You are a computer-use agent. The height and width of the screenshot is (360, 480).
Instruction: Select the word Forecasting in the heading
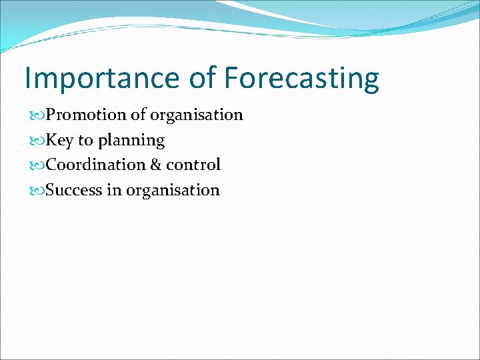(x=301, y=79)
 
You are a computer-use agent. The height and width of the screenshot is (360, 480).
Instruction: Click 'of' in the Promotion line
(x=138, y=115)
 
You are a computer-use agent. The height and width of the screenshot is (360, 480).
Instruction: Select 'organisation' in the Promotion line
(x=196, y=115)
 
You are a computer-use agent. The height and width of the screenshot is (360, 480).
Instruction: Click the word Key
(x=60, y=141)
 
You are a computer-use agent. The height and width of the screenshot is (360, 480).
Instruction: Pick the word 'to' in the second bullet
(x=86, y=141)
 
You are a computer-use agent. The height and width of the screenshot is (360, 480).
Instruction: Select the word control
(x=193, y=165)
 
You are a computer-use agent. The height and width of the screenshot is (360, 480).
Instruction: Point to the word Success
(x=74, y=190)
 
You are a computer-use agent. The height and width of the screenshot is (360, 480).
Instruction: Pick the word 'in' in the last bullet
(x=114, y=190)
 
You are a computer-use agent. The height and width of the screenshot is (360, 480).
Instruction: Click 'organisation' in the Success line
(x=173, y=191)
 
